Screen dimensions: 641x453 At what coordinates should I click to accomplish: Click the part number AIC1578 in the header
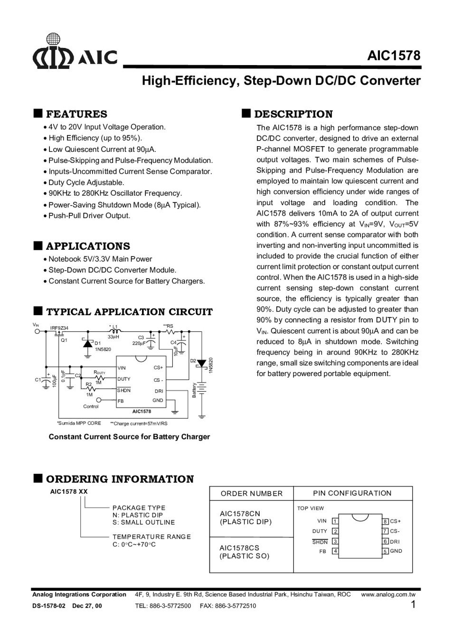(394, 56)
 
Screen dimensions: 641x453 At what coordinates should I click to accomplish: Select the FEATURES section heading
(76, 114)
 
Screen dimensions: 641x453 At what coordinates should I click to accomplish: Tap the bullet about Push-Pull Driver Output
(89, 216)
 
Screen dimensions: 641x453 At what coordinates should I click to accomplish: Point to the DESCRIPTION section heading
(293, 114)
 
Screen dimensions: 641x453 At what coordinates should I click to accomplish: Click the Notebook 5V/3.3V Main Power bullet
(100, 259)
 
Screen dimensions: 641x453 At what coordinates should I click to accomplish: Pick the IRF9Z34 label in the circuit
(59, 328)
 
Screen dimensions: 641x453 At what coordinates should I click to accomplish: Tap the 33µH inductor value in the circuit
(113, 337)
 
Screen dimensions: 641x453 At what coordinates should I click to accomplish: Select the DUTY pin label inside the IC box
(124, 379)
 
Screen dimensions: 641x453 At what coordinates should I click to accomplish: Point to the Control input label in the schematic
(91, 406)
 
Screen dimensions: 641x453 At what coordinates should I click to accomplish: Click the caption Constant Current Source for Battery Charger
(129, 437)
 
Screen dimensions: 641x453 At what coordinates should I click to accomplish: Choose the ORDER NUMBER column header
(252, 493)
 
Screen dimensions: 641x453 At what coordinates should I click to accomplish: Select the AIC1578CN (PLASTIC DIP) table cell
(246, 518)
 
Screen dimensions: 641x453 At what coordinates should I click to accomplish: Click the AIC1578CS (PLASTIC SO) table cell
(245, 552)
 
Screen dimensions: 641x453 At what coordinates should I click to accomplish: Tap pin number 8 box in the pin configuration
(386, 521)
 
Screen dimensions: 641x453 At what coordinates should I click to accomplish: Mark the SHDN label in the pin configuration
(320, 542)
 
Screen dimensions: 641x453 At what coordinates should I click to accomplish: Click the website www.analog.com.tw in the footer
(388, 594)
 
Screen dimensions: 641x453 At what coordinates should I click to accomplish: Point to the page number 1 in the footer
(413, 604)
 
